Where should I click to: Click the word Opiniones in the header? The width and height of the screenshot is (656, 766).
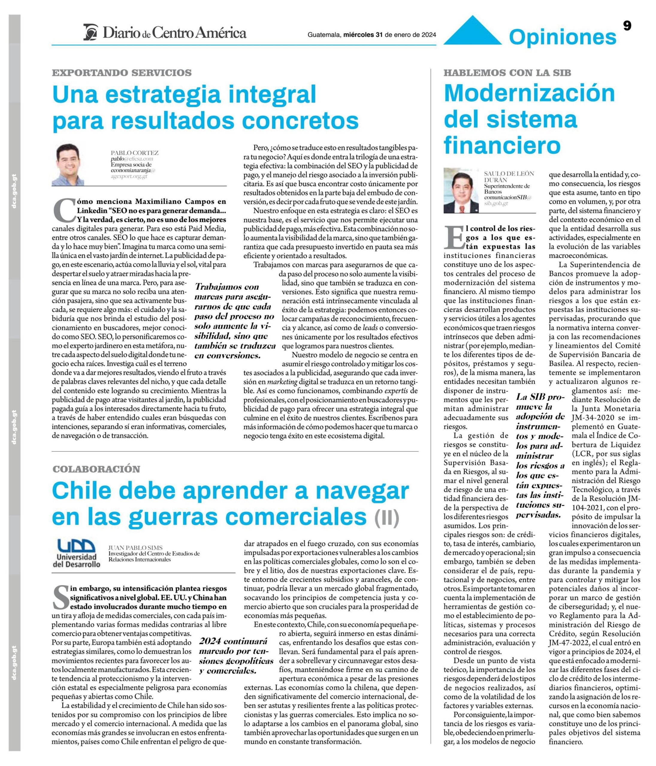562,37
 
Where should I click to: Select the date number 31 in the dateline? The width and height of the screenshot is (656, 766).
379,35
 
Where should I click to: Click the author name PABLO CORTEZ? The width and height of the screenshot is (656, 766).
135,153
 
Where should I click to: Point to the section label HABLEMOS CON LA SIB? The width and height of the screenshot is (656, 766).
507,72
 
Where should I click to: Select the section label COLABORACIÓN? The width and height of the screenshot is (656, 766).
96,469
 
